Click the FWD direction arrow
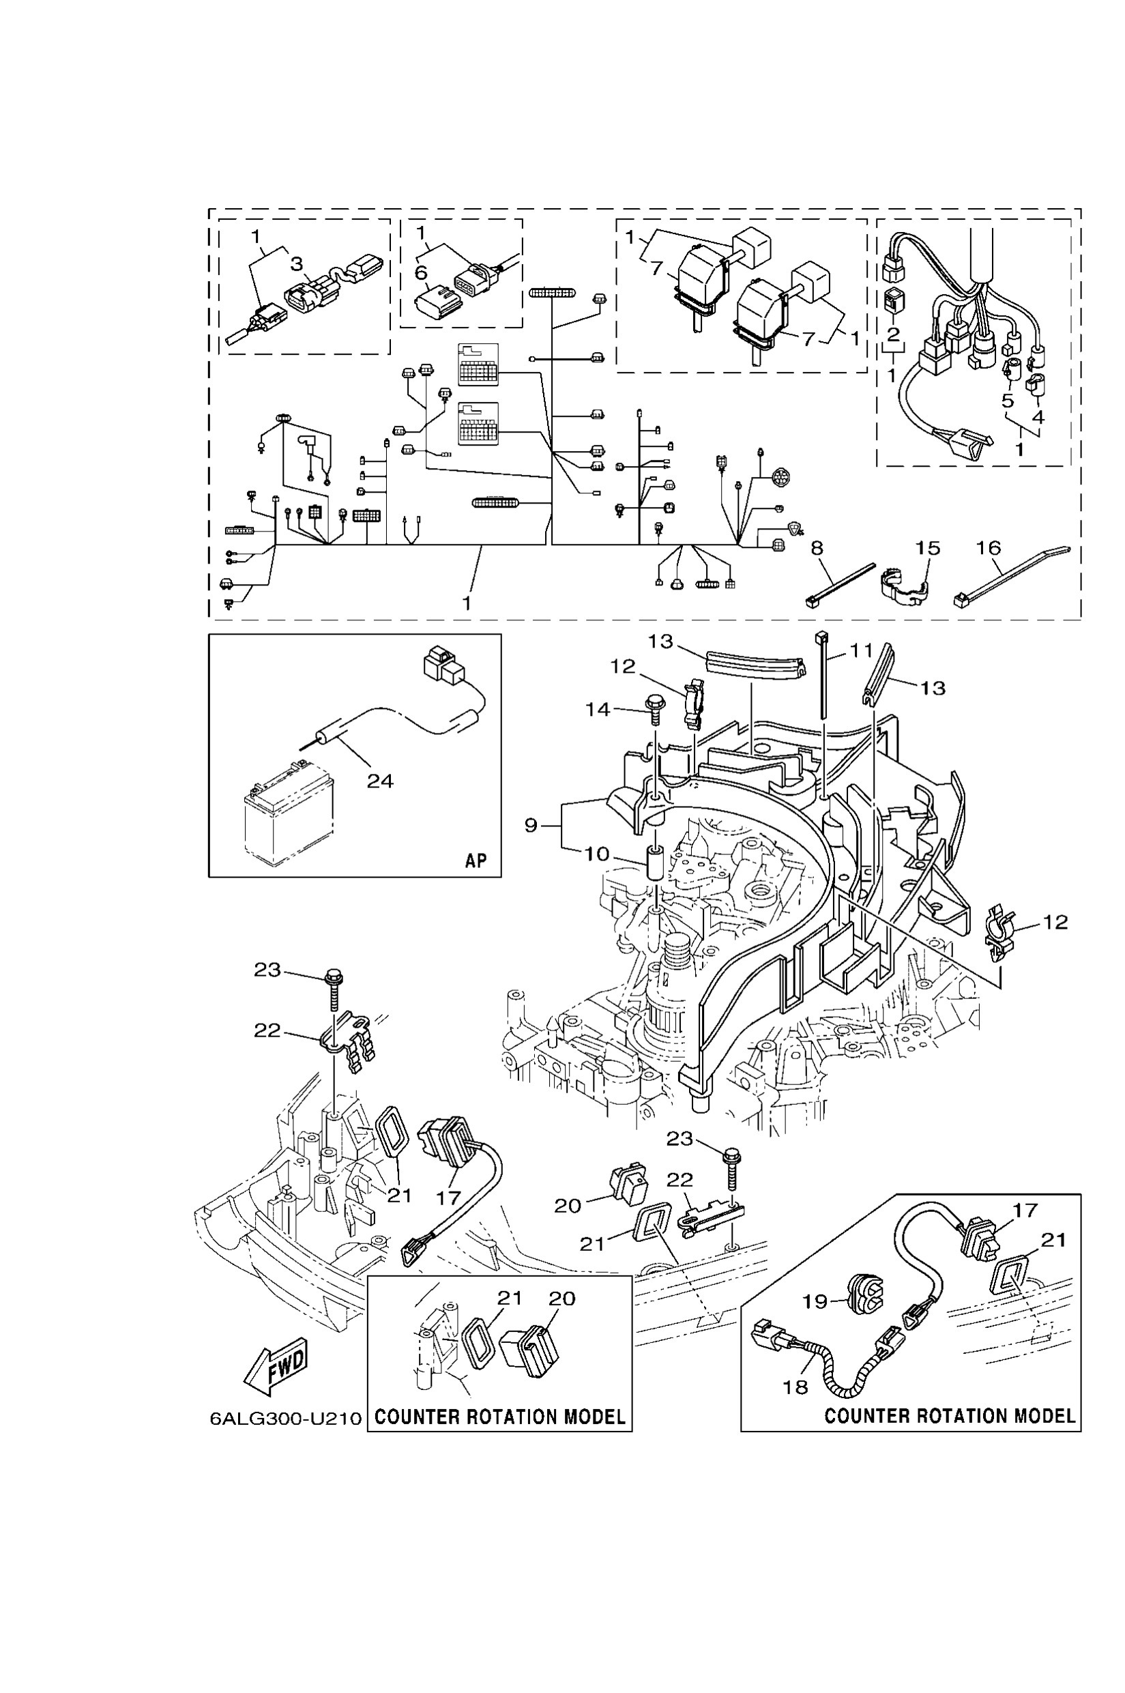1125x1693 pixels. point(277,1365)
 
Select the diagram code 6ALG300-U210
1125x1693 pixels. point(286,1419)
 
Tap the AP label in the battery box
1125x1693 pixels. point(476,860)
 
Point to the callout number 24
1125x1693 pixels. point(380,781)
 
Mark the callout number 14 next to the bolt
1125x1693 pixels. point(598,709)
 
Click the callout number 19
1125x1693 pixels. point(815,1301)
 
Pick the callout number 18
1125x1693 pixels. point(795,1387)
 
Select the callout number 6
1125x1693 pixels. point(421,274)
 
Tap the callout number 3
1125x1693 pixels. point(297,264)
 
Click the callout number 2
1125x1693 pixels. point(893,334)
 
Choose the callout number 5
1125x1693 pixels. point(1008,400)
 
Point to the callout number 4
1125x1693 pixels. point(1038,417)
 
